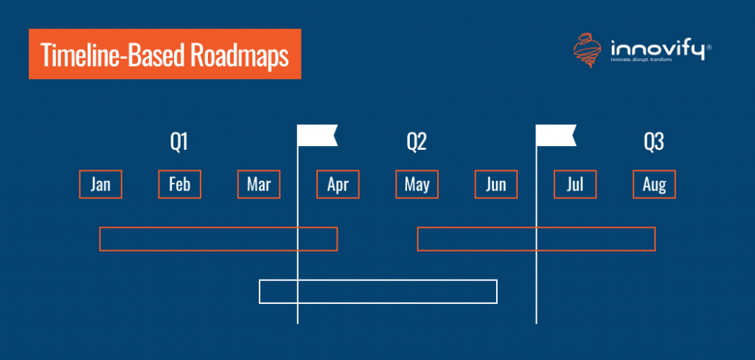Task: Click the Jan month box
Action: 100,184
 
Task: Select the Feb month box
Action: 179,184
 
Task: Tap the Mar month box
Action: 259,184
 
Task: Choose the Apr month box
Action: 338,184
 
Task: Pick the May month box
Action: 417,184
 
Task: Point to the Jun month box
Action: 496,184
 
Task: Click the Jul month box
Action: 575,184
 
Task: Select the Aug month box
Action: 654,184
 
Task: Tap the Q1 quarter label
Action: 179,142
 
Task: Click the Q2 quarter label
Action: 417,142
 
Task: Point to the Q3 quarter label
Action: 654,142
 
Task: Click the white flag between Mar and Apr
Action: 316,136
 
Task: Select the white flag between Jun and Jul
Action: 554,136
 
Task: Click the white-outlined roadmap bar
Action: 378,291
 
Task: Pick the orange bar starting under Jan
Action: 218,239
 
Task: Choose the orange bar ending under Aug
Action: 536,239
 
